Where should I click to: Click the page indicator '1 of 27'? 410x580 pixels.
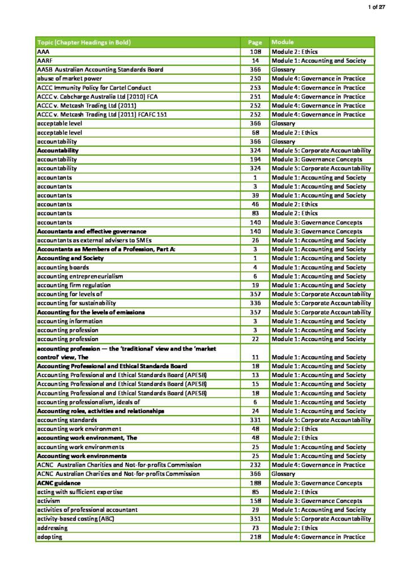pyautogui.click(x=392, y=6)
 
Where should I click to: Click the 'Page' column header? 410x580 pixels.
pyautogui.click(x=255, y=42)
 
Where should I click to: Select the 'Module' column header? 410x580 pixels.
pyautogui.click(x=283, y=42)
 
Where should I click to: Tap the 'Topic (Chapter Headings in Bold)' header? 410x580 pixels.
pyautogui.click(x=84, y=42)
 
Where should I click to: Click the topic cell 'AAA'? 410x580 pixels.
pyautogui.click(x=42, y=52)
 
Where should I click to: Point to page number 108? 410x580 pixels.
pyautogui.click(x=255, y=52)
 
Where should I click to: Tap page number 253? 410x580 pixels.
pyautogui.click(x=255, y=88)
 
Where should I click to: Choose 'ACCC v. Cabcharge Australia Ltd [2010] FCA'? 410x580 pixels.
pyautogui.click(x=97, y=97)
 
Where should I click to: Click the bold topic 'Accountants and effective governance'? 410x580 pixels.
pyautogui.click(x=92, y=231)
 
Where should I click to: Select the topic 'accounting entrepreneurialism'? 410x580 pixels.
pyautogui.click(x=80, y=276)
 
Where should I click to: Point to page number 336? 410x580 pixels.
pyautogui.click(x=255, y=303)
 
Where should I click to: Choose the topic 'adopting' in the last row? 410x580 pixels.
pyautogui.click(x=49, y=536)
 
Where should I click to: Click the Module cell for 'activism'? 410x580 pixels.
pyautogui.click(x=317, y=501)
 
